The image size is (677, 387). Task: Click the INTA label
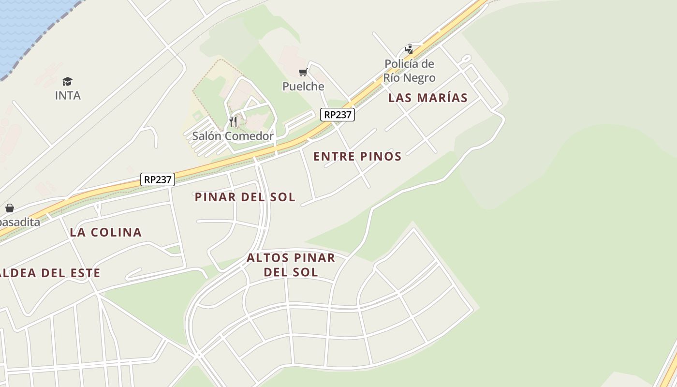(x=68, y=95)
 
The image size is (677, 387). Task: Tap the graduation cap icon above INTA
(x=67, y=81)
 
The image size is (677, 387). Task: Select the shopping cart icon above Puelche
(x=303, y=73)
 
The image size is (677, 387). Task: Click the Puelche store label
(x=303, y=86)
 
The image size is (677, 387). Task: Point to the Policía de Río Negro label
(x=409, y=71)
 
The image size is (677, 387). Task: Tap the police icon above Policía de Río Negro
(x=409, y=49)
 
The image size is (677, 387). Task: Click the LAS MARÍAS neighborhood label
(x=428, y=98)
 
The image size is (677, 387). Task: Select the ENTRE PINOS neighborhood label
(x=357, y=156)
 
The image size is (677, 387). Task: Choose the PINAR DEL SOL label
(x=245, y=197)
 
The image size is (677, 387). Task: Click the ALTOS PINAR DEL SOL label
(x=291, y=265)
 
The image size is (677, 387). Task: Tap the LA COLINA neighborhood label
(x=106, y=232)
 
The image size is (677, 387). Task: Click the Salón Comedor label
(x=233, y=136)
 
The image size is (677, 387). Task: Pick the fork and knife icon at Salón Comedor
(x=233, y=121)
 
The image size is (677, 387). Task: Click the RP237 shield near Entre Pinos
(x=338, y=115)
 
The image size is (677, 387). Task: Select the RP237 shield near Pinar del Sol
(x=158, y=179)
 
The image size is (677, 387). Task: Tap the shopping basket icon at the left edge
(x=10, y=208)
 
